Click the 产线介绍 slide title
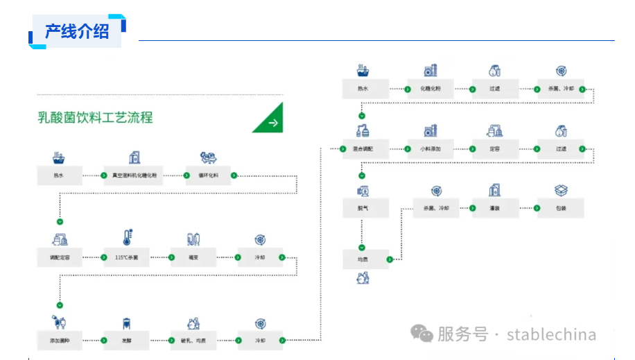pyautogui.click(x=77, y=31)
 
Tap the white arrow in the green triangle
pyautogui.click(x=272, y=122)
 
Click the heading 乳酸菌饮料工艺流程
pyautogui.click(x=95, y=117)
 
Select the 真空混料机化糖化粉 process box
pyautogui.click(x=134, y=175)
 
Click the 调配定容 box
pyautogui.click(x=60, y=257)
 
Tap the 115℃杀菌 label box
pyautogui.click(x=127, y=257)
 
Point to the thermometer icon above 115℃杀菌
pyautogui.click(x=127, y=238)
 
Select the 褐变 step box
pyautogui.click(x=193, y=257)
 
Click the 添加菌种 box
pyautogui.click(x=60, y=340)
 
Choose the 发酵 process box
pyautogui.click(x=127, y=340)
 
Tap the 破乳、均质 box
pyautogui.click(x=193, y=340)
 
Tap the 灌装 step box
pyautogui.click(x=495, y=208)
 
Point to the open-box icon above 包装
pyautogui.click(x=561, y=190)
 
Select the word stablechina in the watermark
pyautogui.click(x=551, y=334)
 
